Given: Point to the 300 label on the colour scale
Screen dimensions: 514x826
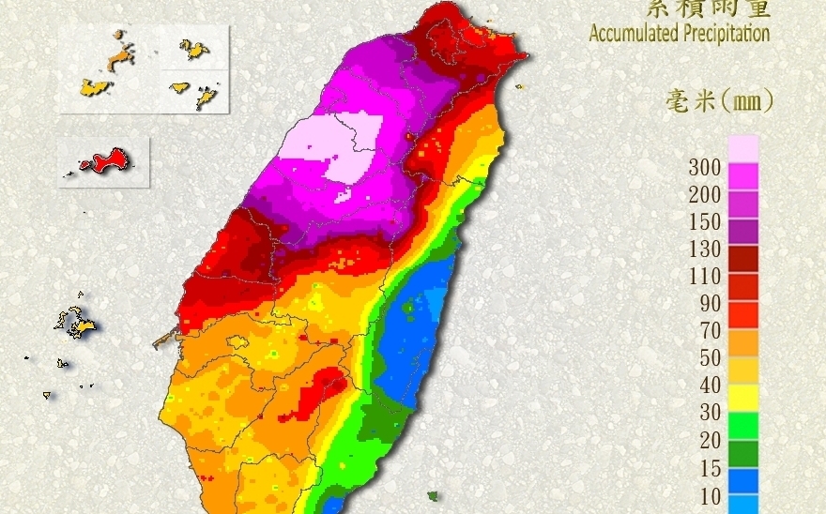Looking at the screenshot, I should tap(705, 168).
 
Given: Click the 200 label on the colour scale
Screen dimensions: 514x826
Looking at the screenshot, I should tap(705, 195).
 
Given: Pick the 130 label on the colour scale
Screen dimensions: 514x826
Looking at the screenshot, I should tap(705, 249).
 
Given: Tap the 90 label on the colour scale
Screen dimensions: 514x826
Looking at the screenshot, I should tap(710, 304).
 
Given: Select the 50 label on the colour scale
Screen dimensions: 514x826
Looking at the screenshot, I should tap(710, 358).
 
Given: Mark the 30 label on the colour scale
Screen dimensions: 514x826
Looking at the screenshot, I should tap(710, 413).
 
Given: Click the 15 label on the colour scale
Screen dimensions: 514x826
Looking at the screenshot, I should tap(710, 467).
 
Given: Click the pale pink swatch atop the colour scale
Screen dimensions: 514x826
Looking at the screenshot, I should tap(742, 148).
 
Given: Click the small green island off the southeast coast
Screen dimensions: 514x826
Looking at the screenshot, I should tap(433, 495).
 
